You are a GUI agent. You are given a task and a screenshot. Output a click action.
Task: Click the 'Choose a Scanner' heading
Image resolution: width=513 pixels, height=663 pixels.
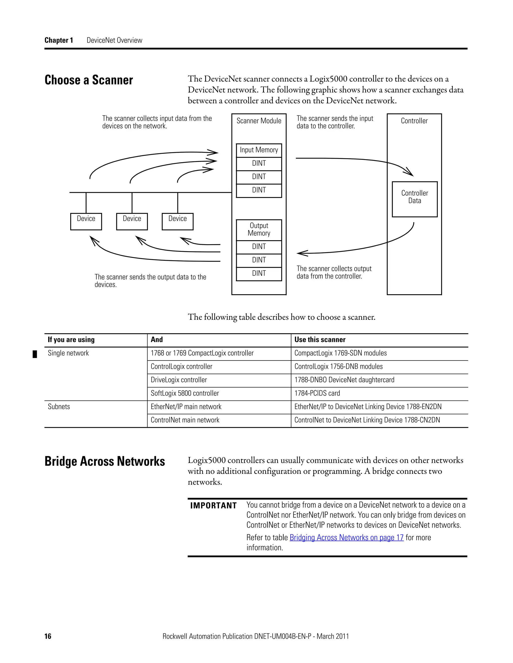coord(88,80)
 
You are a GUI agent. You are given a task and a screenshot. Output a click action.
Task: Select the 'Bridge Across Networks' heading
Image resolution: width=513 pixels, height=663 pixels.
coord(104,461)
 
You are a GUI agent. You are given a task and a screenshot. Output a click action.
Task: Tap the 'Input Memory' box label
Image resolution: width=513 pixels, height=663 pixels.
coord(259,150)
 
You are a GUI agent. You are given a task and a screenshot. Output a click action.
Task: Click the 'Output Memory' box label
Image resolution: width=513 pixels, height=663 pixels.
coord(259,229)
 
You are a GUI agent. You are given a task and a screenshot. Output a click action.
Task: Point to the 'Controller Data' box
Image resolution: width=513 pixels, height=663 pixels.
coord(415,199)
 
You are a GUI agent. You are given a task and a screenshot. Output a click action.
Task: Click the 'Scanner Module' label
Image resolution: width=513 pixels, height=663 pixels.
coord(259,121)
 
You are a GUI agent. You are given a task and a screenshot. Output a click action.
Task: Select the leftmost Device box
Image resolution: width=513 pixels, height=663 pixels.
coord(86,221)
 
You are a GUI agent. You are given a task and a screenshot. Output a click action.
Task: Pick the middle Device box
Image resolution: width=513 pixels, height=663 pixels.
coord(132,221)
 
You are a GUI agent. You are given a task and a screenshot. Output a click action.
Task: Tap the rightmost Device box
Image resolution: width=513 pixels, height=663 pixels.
coord(178,221)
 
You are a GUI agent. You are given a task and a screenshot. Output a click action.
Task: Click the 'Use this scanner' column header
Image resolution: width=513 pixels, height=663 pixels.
coord(320,340)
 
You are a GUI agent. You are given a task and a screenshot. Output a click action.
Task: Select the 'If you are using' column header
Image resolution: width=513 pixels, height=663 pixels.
coord(71,340)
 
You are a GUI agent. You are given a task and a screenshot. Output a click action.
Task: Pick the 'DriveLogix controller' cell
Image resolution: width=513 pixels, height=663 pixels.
coord(179,380)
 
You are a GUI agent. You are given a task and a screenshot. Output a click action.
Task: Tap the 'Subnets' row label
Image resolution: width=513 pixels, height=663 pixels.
coord(59,407)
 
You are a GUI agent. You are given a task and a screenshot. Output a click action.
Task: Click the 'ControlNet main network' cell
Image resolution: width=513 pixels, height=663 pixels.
coord(185,420)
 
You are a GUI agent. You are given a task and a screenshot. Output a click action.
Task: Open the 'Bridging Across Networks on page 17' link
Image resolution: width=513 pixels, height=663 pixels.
coord(346,537)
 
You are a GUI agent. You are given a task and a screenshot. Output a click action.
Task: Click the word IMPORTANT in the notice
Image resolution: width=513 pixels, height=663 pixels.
coord(213,505)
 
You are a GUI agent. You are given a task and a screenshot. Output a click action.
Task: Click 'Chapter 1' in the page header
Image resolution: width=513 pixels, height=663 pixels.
coord(59,40)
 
